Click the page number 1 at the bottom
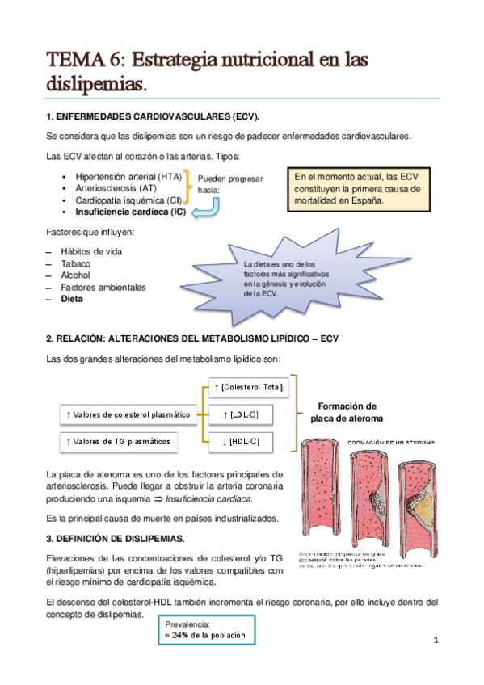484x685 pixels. [x=435, y=642]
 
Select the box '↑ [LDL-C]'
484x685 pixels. [x=240, y=414]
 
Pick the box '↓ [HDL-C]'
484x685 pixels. [x=240, y=441]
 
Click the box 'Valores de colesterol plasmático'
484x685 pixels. [x=128, y=414]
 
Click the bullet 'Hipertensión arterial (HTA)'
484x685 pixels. [x=128, y=175]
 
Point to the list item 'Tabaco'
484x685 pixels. [x=75, y=263]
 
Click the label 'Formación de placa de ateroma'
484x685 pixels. [x=347, y=412]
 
